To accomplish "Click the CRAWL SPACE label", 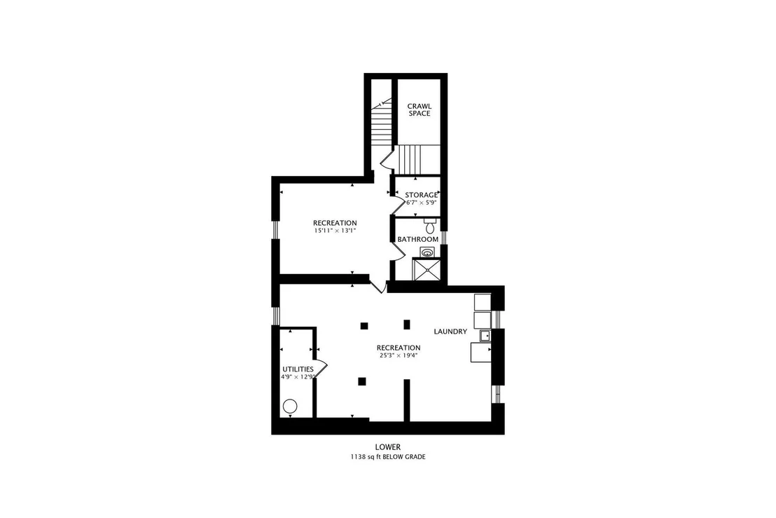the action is coord(420,109).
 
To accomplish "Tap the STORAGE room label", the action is coord(421,195).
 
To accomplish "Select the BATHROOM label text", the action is coord(417,239).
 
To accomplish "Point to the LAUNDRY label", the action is coord(450,332).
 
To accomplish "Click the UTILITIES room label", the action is coord(298,369).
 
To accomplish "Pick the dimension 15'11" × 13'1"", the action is coord(335,231).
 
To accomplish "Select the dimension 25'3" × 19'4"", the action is coord(399,355).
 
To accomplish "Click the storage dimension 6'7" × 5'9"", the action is coord(421,203).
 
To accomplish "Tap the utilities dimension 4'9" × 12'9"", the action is coord(298,377).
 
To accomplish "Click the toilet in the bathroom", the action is coord(429,225).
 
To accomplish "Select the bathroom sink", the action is coord(427,252).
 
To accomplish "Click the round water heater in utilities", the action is coord(290,407).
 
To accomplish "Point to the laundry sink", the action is coord(485,336).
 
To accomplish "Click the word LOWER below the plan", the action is coord(387,447).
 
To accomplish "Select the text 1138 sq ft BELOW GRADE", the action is coord(388,457).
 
